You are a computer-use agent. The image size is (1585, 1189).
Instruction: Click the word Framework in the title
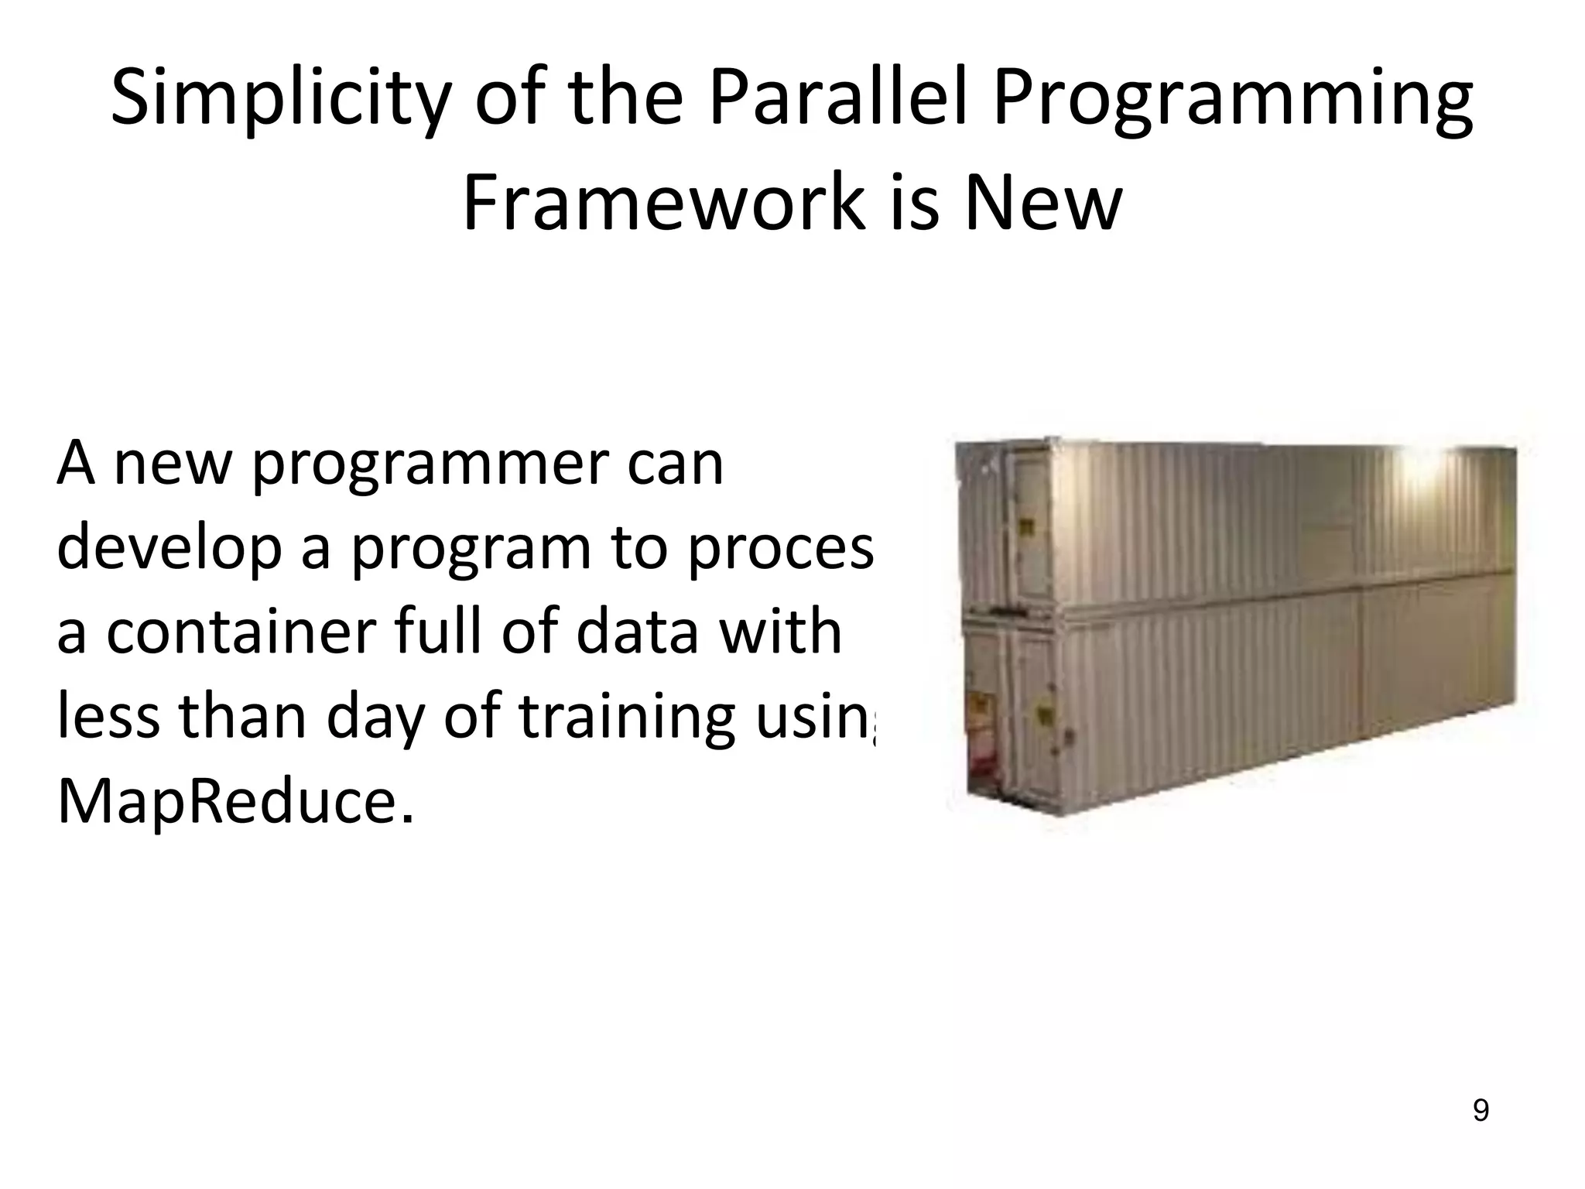[x=662, y=203]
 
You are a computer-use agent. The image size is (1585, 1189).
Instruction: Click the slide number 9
[x=1480, y=1111]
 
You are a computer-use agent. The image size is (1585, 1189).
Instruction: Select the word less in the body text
[x=108, y=716]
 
